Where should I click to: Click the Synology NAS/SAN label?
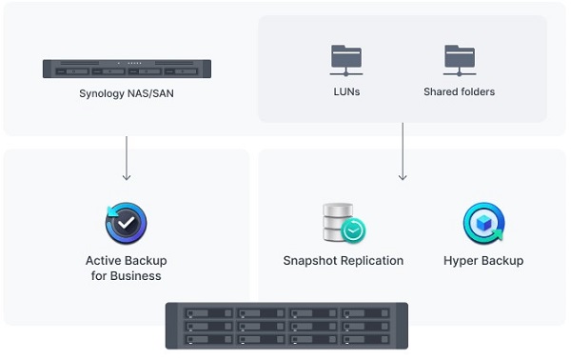(127, 93)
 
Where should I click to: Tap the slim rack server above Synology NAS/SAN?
(127, 69)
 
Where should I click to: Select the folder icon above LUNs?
(346, 59)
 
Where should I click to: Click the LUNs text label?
(346, 92)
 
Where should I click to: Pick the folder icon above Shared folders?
(459, 59)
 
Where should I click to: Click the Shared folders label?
(459, 92)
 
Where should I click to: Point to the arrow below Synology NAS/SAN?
(127, 157)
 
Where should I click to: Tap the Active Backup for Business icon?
(126, 224)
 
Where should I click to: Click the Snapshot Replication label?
(343, 260)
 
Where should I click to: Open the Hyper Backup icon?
(483, 224)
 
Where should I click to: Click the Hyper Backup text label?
(483, 260)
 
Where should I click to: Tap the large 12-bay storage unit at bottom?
(286, 326)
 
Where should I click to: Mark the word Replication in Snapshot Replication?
(370, 260)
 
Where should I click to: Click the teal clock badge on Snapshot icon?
(354, 230)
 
